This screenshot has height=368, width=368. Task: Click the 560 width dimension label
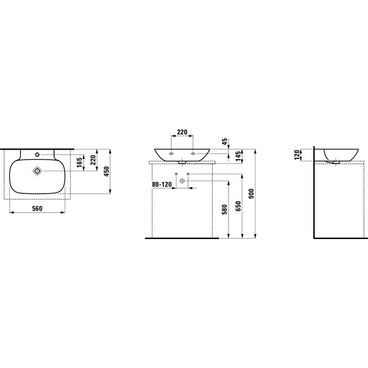pos(37,208)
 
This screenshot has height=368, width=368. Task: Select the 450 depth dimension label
pos(107,171)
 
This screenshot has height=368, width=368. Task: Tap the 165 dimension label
pos(79,163)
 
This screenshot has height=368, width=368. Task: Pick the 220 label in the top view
pos(93,160)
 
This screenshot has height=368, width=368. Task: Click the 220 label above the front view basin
pos(182,132)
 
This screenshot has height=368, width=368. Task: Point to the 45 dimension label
pos(224,141)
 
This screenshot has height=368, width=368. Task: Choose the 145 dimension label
pos(238,156)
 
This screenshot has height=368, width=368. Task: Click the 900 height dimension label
pos(251,194)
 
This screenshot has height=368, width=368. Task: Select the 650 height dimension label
pos(238,206)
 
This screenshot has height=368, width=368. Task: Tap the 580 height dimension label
pos(224,210)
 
